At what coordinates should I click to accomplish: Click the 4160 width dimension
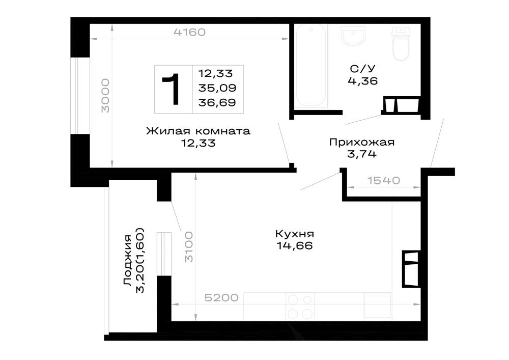[x=189, y=32]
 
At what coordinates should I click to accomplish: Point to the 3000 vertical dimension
[x=105, y=96]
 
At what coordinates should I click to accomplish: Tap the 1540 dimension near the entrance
[x=384, y=180]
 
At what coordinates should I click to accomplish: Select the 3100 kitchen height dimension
[x=189, y=247]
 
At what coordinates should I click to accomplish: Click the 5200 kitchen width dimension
[x=221, y=297]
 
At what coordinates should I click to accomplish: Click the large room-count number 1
[x=172, y=89]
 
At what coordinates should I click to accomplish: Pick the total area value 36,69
[x=217, y=102]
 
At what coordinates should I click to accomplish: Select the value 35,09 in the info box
[x=217, y=88]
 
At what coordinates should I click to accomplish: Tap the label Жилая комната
[x=198, y=131]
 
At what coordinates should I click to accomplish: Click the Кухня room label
[x=294, y=234]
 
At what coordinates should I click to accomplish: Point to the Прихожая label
[x=361, y=142]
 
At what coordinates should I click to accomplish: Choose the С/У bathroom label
[x=362, y=69]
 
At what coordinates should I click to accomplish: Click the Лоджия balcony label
[x=128, y=260]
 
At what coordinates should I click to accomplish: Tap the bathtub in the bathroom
[x=310, y=65]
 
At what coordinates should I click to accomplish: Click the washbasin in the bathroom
[x=353, y=36]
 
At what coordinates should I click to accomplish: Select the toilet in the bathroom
[x=401, y=44]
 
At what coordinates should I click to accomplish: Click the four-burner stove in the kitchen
[x=300, y=307]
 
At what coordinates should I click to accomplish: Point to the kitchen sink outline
[x=378, y=306]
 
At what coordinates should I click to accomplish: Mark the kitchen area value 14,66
[x=295, y=246]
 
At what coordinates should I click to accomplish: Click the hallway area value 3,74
[x=362, y=154]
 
